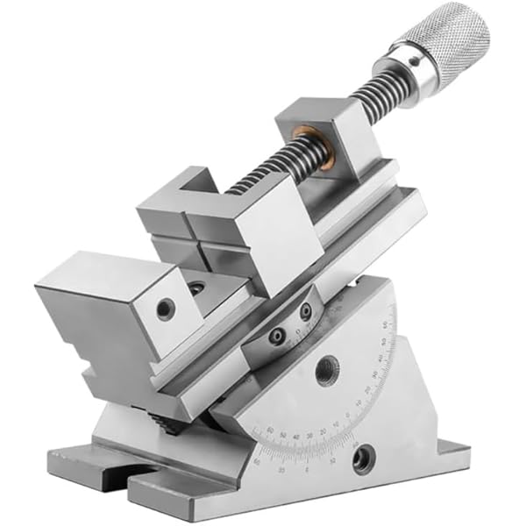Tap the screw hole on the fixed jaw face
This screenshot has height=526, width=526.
165,309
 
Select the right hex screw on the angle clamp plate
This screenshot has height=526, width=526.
306,310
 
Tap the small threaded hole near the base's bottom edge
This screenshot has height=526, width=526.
361,456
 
